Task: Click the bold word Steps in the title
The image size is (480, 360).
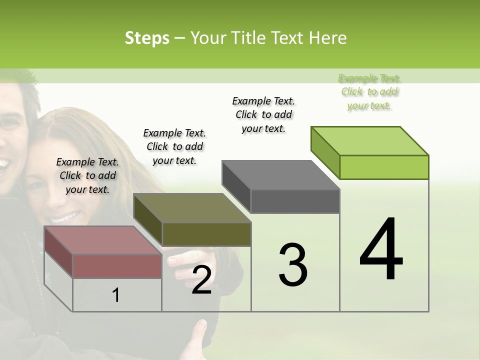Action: pos(147,38)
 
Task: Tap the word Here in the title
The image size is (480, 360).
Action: pos(328,38)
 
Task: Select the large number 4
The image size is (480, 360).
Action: pos(381,249)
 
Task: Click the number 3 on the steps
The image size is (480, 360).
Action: pos(293,265)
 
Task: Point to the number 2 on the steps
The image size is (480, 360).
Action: pos(201,280)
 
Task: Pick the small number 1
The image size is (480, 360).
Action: pos(116,295)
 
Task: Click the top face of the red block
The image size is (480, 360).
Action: pos(102,240)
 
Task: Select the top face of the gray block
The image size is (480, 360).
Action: pos(280,175)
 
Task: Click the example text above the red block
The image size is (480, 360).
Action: pos(87,175)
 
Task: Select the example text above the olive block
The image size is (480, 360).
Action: pos(174,146)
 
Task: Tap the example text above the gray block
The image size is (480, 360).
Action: pos(263,114)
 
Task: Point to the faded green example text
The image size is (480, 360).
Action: pos(369,92)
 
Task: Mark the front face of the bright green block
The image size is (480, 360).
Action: pos(384,167)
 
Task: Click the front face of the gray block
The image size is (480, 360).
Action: pos(295,201)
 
